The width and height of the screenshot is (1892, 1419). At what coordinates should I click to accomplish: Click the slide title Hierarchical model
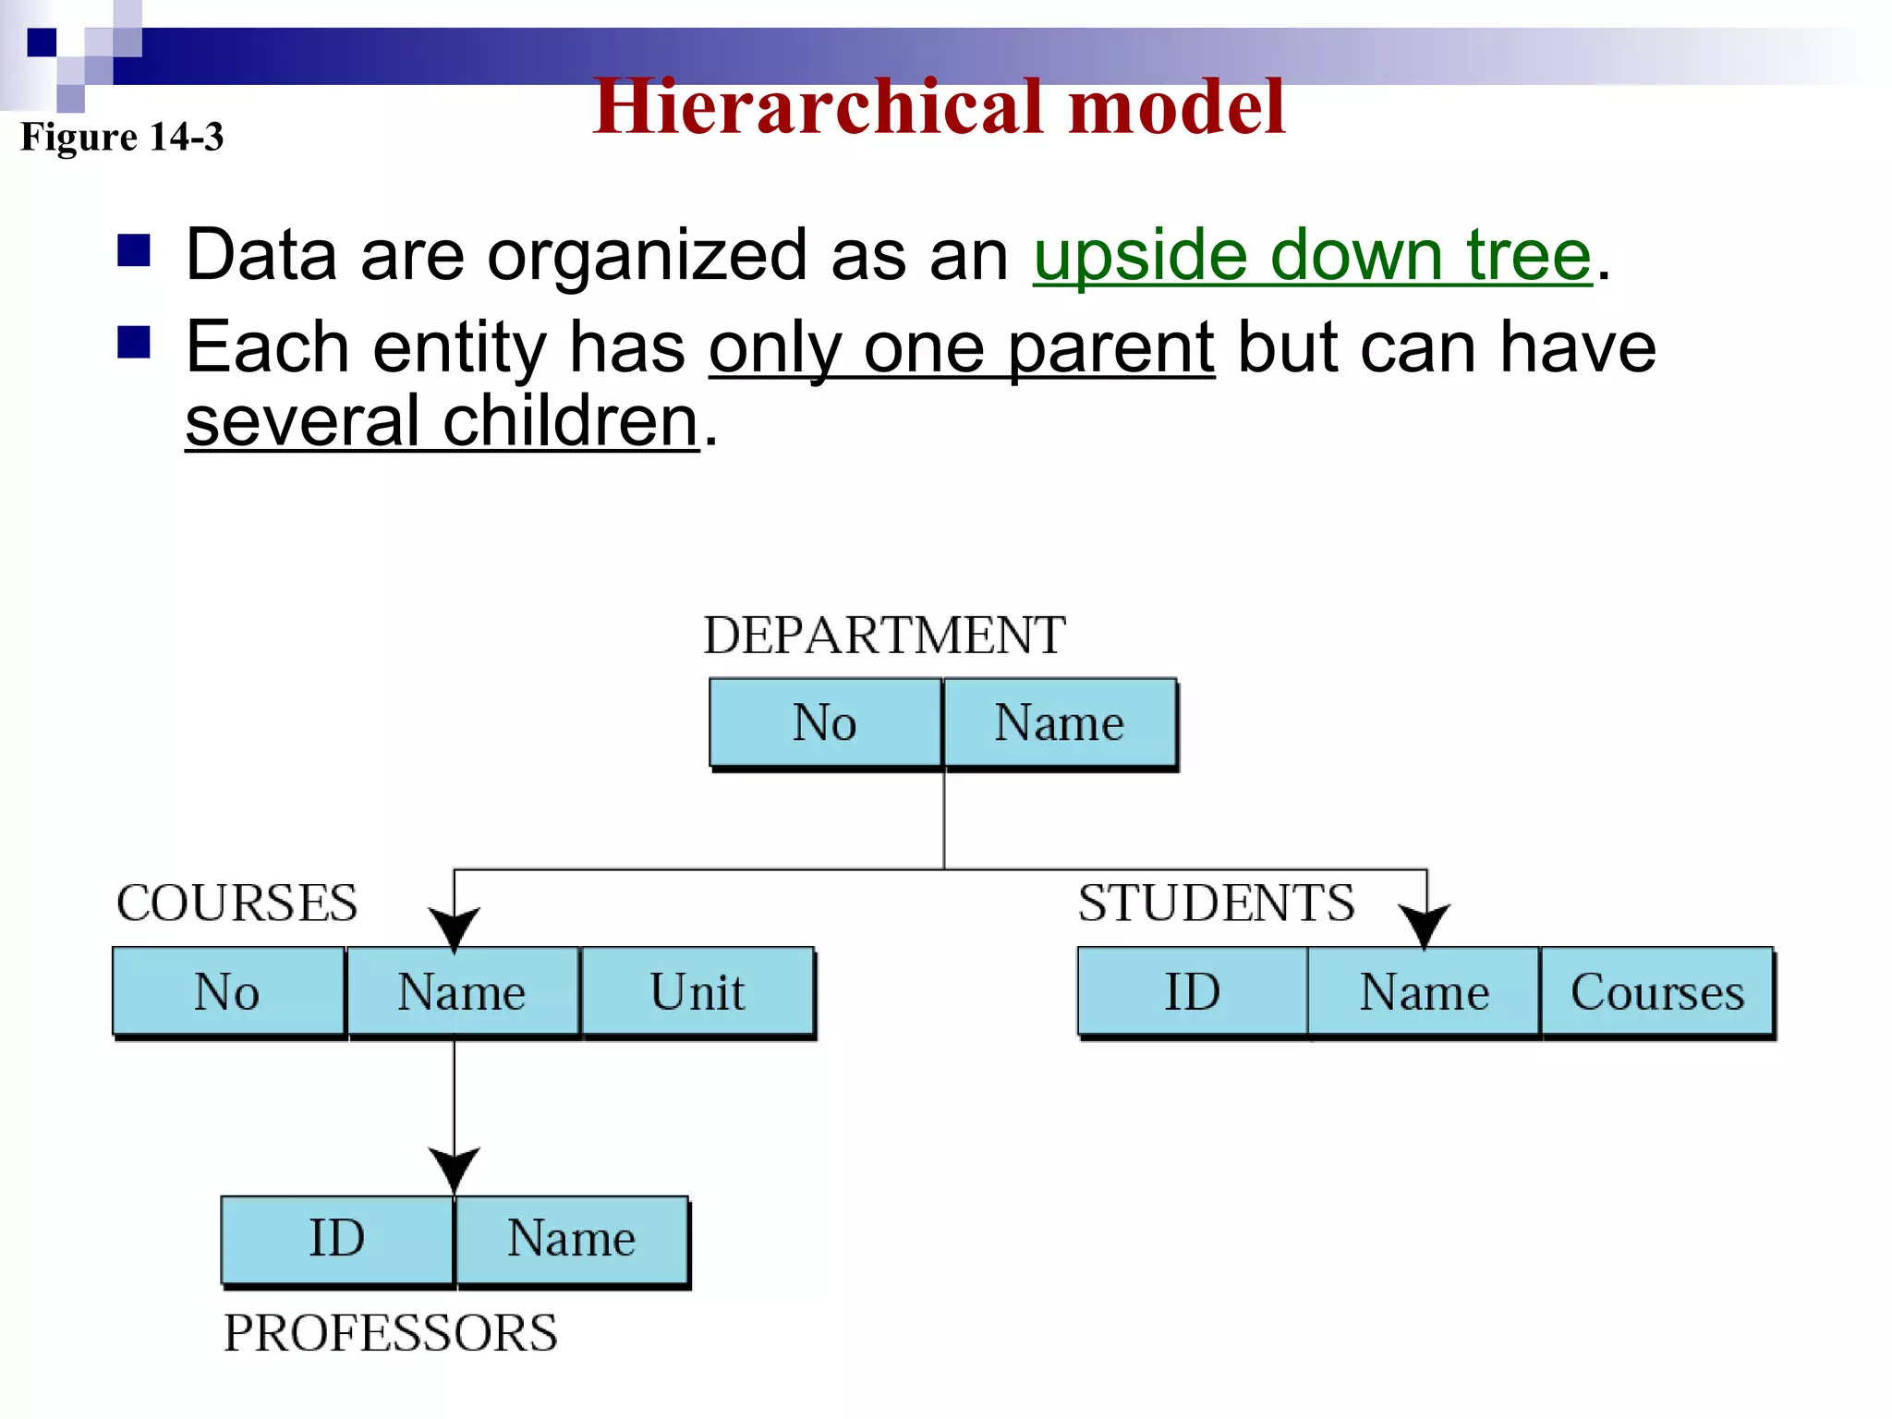click(x=939, y=108)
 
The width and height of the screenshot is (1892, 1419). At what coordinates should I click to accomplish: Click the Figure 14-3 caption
click(x=122, y=138)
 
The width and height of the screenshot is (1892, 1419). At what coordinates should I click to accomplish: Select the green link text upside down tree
click(x=1312, y=255)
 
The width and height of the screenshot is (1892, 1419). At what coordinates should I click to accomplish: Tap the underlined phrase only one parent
click(x=961, y=348)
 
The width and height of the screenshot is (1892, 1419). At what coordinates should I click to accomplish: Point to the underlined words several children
click(x=442, y=422)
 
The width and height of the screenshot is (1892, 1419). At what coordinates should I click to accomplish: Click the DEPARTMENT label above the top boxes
click(x=884, y=636)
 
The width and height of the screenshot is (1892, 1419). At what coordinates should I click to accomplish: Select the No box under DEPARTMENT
click(x=825, y=722)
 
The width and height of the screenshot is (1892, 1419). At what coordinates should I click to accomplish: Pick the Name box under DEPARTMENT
click(x=1059, y=722)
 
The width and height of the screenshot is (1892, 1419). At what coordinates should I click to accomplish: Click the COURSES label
click(x=236, y=904)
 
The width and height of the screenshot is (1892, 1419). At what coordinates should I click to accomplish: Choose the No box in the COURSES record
click(x=227, y=992)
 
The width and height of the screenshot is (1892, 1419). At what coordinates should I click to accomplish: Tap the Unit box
click(x=697, y=992)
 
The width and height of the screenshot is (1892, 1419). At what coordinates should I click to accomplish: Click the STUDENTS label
click(x=1216, y=904)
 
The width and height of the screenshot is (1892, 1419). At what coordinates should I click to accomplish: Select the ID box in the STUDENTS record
click(x=1192, y=992)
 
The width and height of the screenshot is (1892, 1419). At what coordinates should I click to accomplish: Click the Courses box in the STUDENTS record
click(x=1657, y=992)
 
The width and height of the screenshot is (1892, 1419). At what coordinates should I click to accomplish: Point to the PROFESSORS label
click(x=390, y=1333)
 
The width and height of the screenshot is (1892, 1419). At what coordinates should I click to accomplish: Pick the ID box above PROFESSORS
click(x=337, y=1239)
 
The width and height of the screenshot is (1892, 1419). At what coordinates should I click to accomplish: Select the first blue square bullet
click(x=134, y=250)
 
